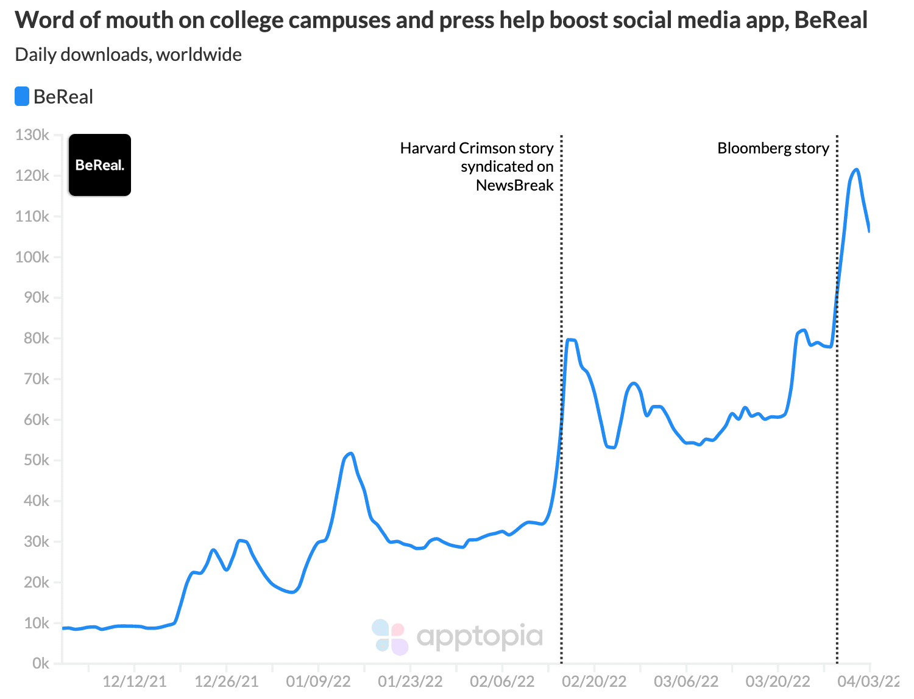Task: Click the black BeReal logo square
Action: [x=100, y=165]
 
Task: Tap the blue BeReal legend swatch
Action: [x=22, y=97]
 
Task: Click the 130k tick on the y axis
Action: [x=33, y=135]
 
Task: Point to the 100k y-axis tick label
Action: [x=33, y=257]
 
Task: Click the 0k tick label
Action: [x=40, y=663]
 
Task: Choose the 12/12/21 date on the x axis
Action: [x=134, y=681]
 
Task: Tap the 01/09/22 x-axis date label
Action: [x=318, y=681]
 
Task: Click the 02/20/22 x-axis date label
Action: [x=594, y=681]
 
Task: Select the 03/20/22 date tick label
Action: [x=778, y=681]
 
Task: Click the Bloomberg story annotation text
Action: [x=773, y=149]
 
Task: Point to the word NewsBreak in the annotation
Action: [x=514, y=185]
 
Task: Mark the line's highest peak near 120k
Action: [x=856, y=170]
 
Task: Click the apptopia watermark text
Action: [x=480, y=637]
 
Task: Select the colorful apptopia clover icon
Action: [x=390, y=637]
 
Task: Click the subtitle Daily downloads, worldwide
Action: [x=129, y=55]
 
